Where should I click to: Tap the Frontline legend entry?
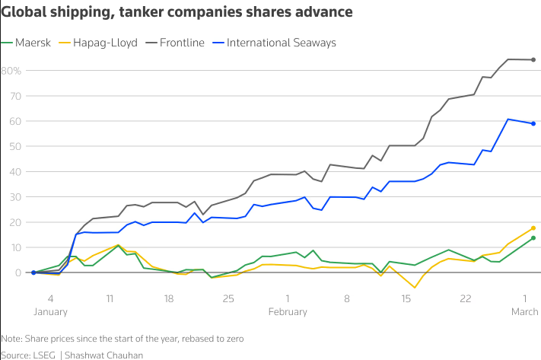182,43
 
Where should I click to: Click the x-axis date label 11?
110,298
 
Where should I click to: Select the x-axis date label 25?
228,298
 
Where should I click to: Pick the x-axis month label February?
288,311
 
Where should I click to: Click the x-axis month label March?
525,311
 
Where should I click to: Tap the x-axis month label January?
50,311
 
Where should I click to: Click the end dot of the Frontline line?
533,59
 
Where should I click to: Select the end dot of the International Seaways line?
533,123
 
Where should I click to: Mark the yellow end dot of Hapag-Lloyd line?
533,228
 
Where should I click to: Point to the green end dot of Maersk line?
533,238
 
